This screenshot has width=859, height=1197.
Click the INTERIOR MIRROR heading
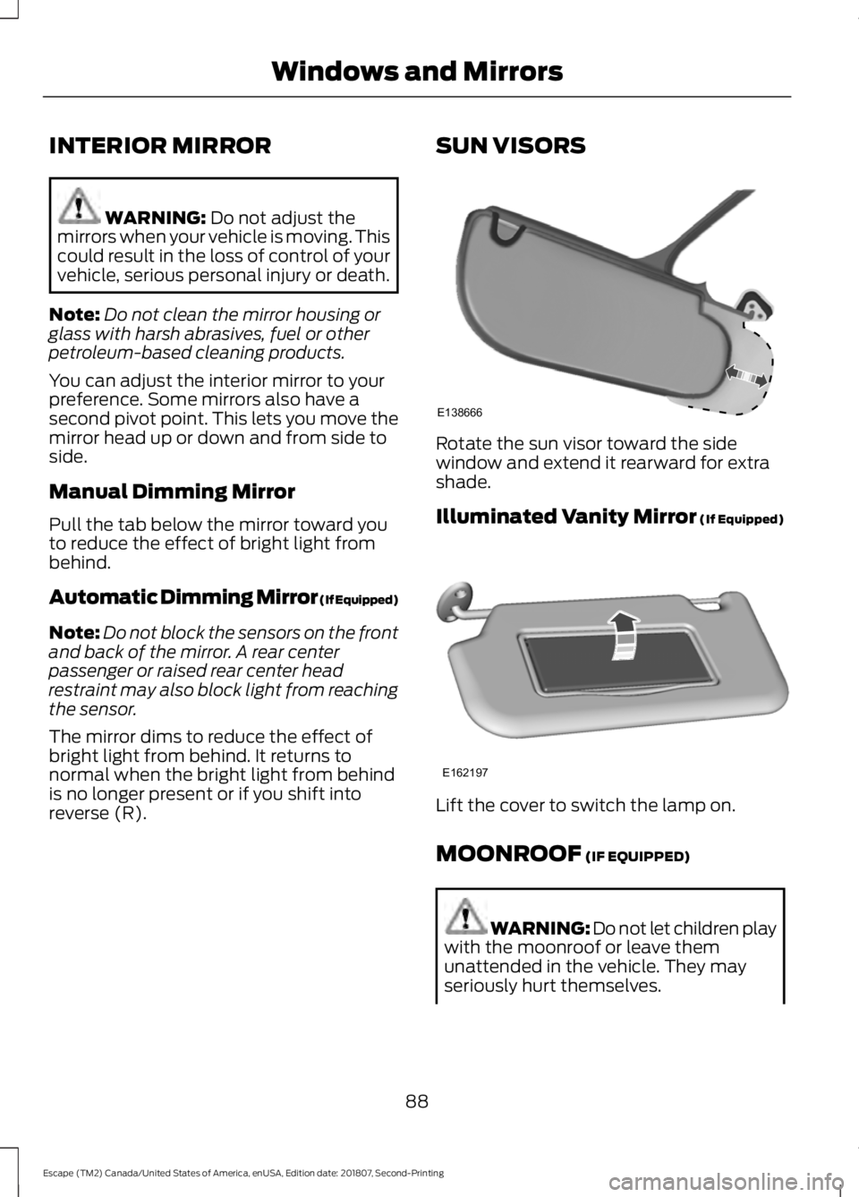click(x=160, y=145)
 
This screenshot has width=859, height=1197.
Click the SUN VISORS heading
click(x=511, y=145)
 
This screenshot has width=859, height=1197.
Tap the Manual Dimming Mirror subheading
click(x=172, y=492)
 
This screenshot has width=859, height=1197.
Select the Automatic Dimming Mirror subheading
click(x=224, y=597)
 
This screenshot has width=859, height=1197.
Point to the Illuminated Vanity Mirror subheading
click(x=610, y=517)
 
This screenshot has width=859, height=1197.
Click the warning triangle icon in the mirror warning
click(x=79, y=205)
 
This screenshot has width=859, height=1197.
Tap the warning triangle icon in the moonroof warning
click(x=466, y=915)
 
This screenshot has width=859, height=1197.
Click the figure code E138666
click(x=460, y=412)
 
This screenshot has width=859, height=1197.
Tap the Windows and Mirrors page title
click(x=417, y=71)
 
